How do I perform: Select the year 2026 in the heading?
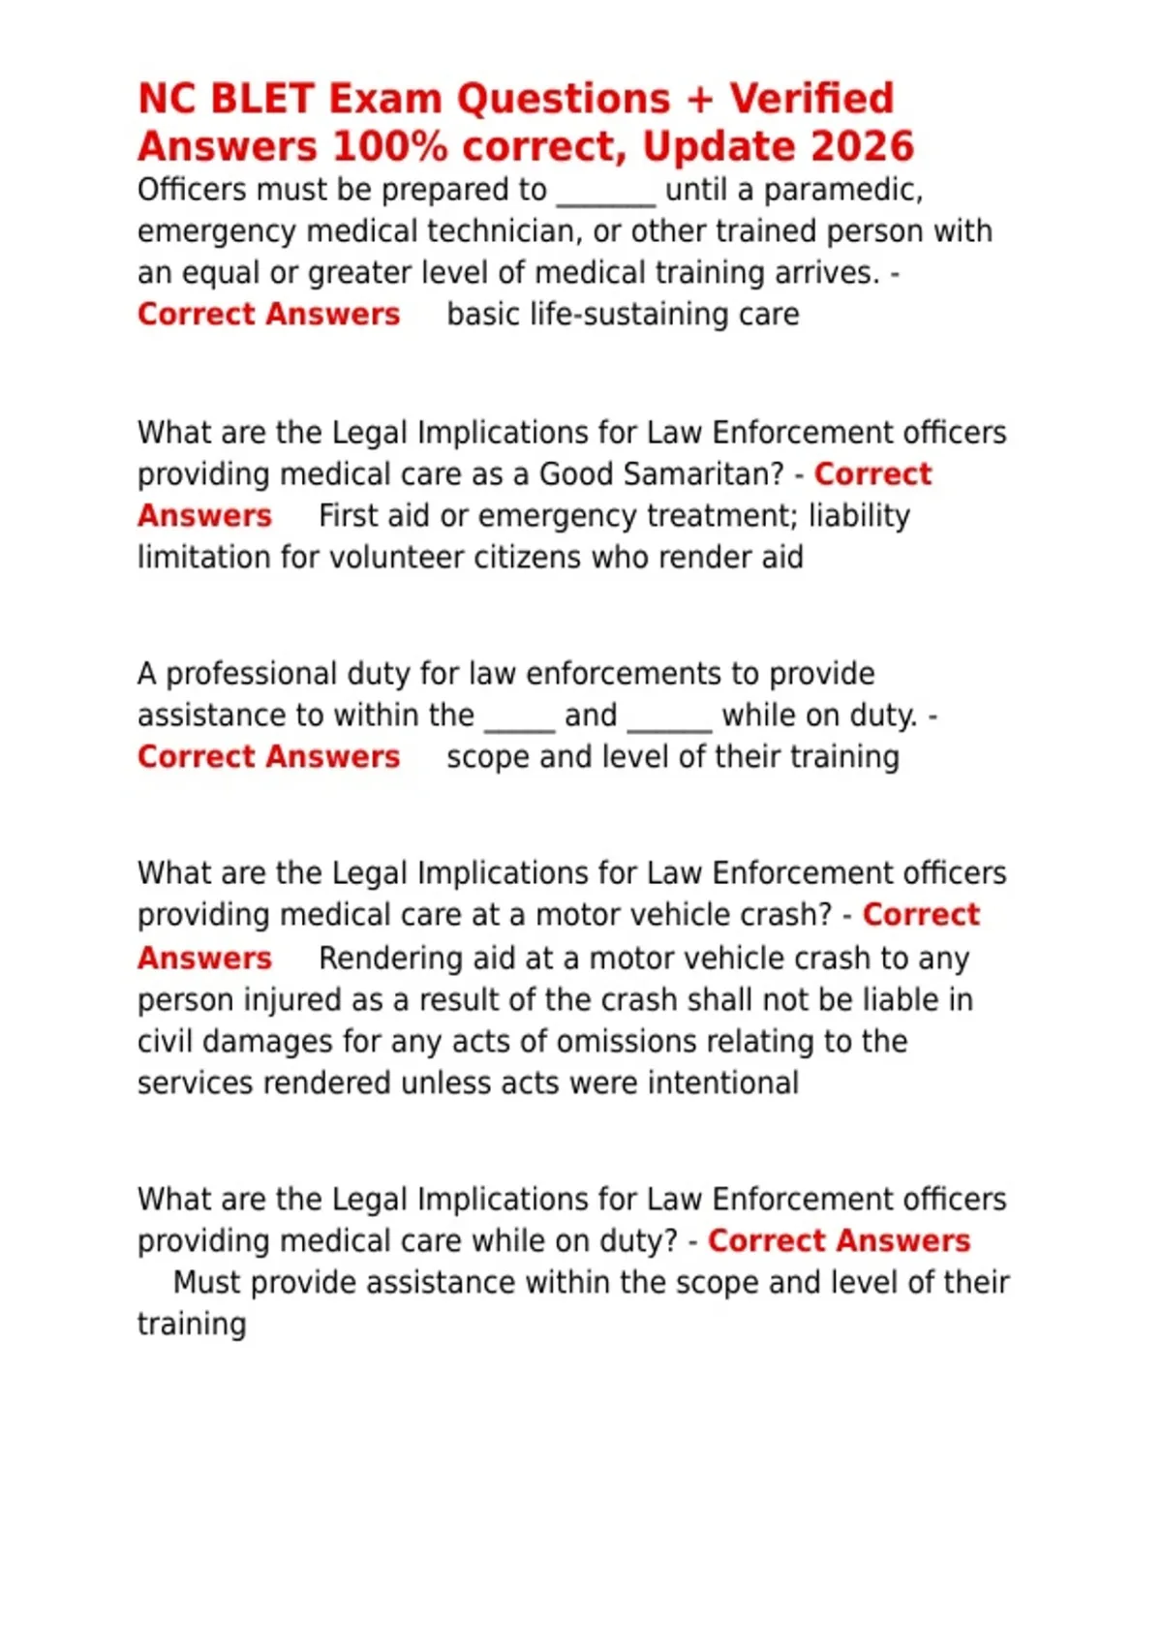pos(863,146)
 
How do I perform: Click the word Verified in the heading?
pos(811,99)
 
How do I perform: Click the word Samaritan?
pos(661,474)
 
